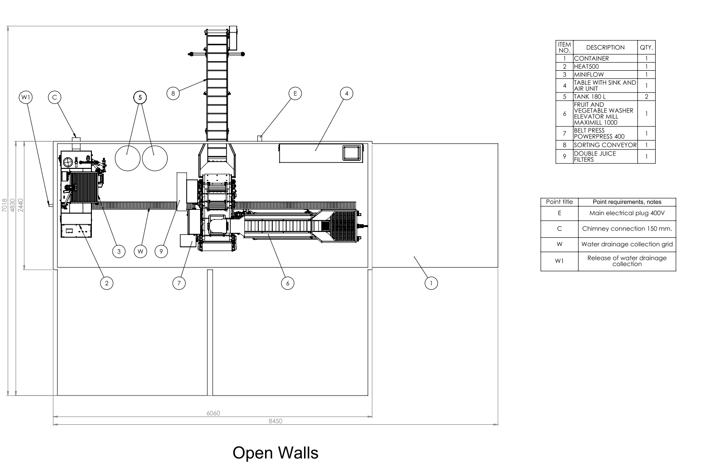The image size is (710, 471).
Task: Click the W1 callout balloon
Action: [x=25, y=97]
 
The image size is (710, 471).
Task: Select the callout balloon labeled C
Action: [x=54, y=97]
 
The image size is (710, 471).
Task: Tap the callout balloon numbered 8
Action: [x=173, y=93]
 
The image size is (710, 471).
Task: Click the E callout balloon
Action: [x=295, y=93]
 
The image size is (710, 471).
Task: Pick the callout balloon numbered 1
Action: [x=431, y=283]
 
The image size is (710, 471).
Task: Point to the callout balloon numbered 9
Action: [x=161, y=252]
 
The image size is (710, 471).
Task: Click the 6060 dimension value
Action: [x=213, y=413]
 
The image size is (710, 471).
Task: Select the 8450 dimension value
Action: [x=276, y=421]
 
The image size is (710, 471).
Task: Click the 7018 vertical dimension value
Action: [x=4, y=205]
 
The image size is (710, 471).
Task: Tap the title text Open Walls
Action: [x=276, y=453]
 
